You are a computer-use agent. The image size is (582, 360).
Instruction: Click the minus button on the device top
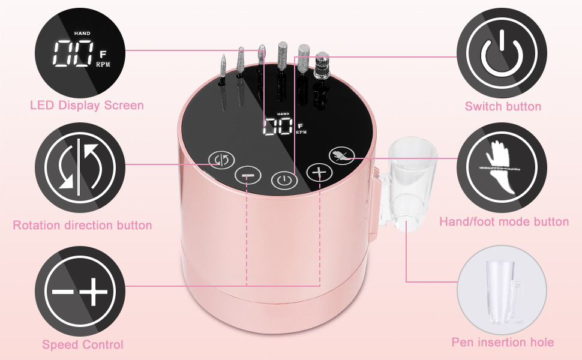[248, 175]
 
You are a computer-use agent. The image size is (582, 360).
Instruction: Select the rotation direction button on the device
[221, 160]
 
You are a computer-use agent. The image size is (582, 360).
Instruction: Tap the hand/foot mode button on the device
[342, 156]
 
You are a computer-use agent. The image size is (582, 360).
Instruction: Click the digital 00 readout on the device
[278, 127]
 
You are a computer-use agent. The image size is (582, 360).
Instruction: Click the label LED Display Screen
[87, 106]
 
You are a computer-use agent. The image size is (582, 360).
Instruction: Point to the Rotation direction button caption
[82, 225]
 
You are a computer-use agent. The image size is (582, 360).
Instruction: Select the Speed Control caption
[82, 345]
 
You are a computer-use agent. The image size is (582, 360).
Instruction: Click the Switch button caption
[503, 107]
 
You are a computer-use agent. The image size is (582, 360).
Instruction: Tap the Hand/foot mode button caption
[504, 222]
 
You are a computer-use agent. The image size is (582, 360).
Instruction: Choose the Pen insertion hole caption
[503, 342]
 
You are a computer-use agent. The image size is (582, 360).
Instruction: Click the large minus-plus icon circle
[80, 291]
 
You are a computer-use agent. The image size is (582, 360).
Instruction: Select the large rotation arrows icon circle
[80, 168]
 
